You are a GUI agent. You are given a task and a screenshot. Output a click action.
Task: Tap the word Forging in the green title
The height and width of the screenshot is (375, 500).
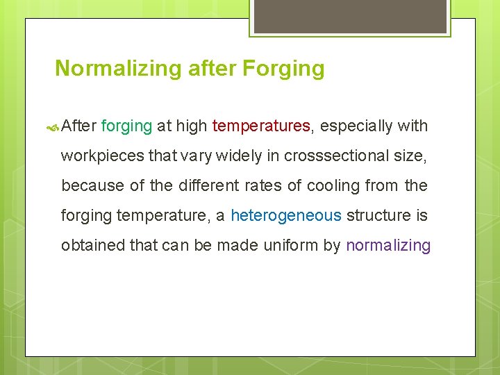click(283, 69)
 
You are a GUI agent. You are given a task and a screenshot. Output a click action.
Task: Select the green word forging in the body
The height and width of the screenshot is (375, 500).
click(126, 126)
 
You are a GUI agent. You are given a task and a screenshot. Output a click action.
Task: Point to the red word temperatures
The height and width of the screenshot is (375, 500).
click(261, 126)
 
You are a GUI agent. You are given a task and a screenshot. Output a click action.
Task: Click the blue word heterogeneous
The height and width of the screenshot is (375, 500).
click(285, 215)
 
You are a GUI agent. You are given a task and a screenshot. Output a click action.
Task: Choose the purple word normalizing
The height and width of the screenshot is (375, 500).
click(388, 245)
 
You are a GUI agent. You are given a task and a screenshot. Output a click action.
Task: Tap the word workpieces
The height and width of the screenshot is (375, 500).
click(103, 156)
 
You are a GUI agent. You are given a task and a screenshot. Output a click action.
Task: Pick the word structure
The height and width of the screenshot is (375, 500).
click(378, 215)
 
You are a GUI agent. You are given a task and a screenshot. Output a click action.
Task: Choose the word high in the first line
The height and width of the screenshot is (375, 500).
click(191, 126)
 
